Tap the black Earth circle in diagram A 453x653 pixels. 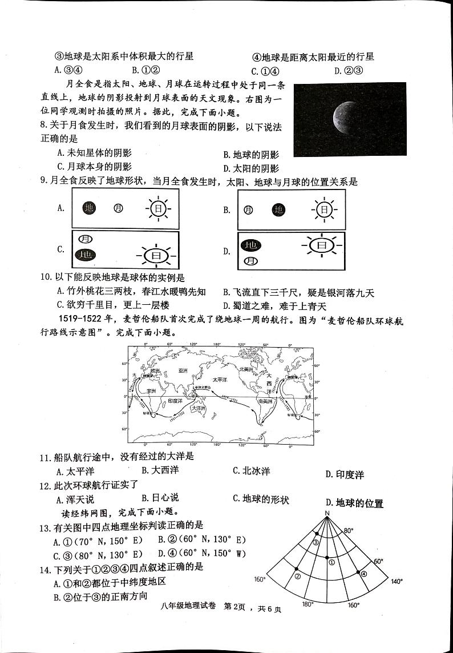89,208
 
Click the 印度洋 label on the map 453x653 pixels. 175,401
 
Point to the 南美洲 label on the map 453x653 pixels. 265,402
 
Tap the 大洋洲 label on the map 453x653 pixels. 199,409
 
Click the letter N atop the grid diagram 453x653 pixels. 327,514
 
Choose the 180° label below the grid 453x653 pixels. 308,604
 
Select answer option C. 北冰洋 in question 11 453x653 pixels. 251,471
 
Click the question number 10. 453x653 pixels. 46,278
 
